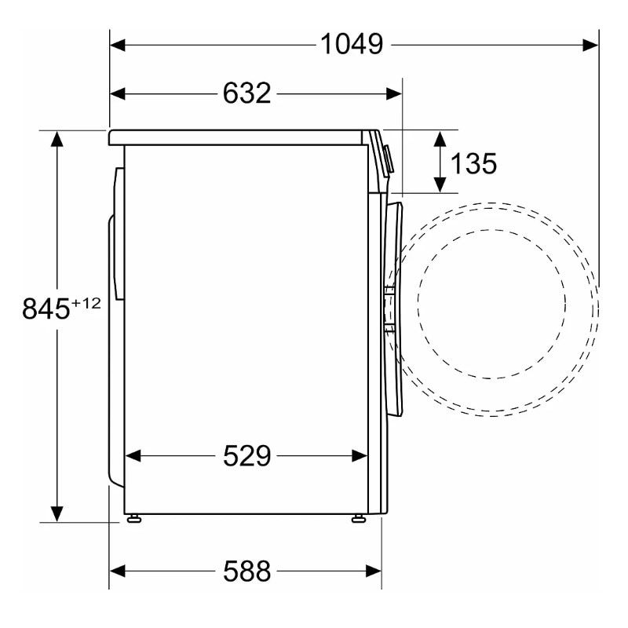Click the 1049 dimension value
352,44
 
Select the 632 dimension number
246,93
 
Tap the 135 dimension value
473,163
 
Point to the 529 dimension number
246,455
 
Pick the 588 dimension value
246,571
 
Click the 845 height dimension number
46,309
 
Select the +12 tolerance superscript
86,304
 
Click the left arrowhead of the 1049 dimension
117,46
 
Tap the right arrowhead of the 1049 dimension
591,46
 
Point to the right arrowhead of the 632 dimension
394,94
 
